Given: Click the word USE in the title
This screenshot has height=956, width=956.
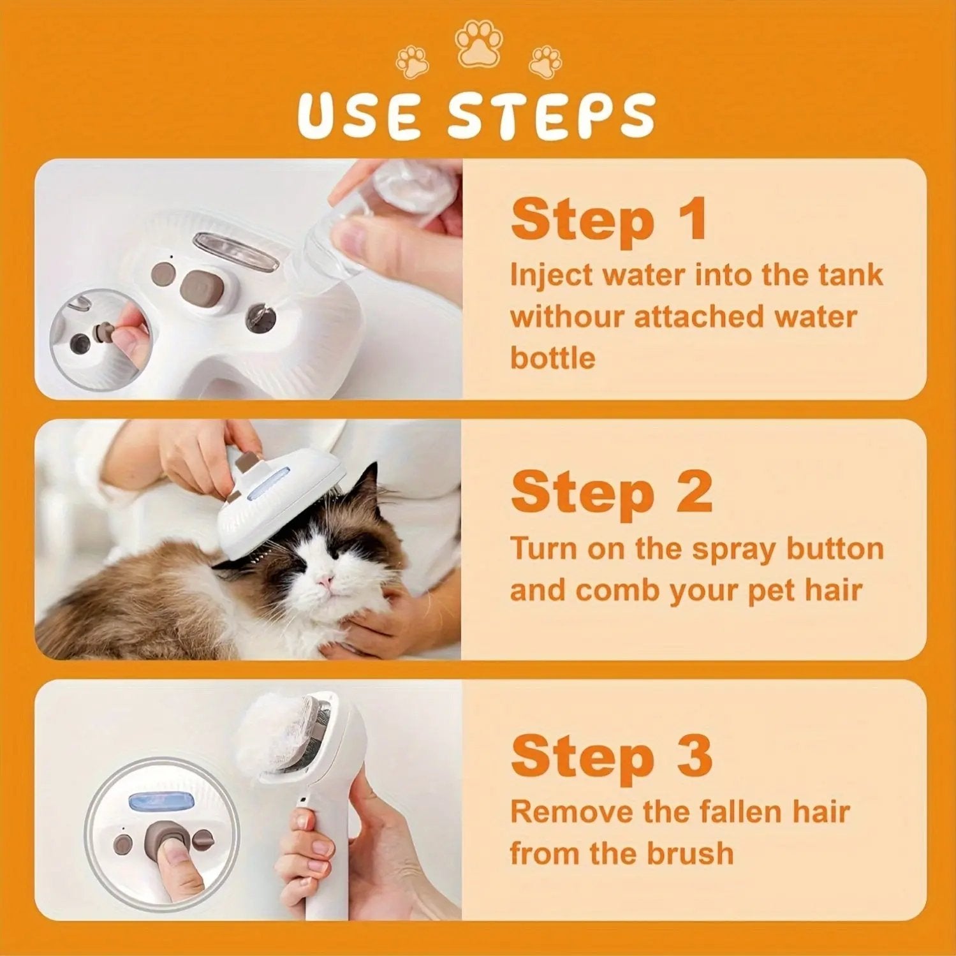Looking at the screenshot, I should coord(358,116).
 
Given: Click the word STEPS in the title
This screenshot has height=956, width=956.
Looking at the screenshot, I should coord(551,116).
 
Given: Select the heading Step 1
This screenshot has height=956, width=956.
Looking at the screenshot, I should coord(609,220).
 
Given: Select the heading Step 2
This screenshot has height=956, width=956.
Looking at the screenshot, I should coord(611,492).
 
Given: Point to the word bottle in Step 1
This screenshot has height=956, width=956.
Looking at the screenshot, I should coord(552,358).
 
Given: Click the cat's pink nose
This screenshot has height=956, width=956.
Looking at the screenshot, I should coord(325,580).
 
